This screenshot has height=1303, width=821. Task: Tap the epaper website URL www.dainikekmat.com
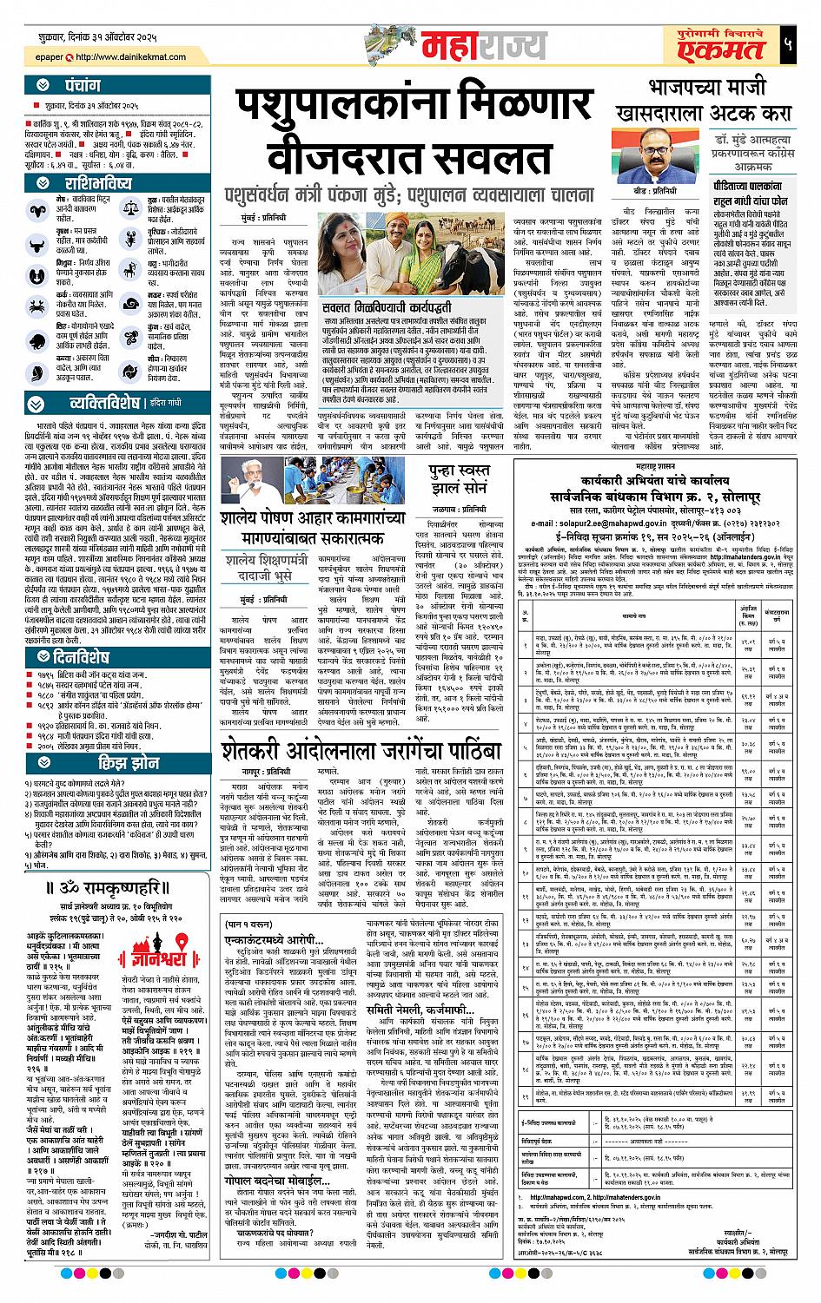[x=131, y=58]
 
